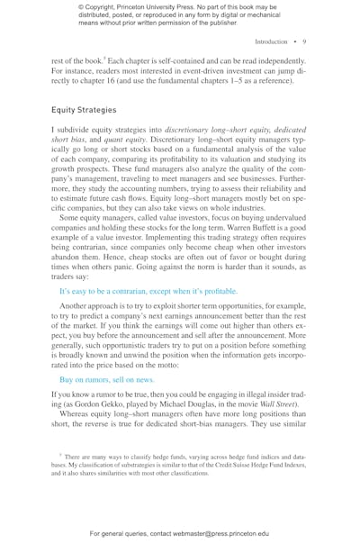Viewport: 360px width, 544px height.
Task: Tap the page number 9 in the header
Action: click(x=306, y=41)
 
